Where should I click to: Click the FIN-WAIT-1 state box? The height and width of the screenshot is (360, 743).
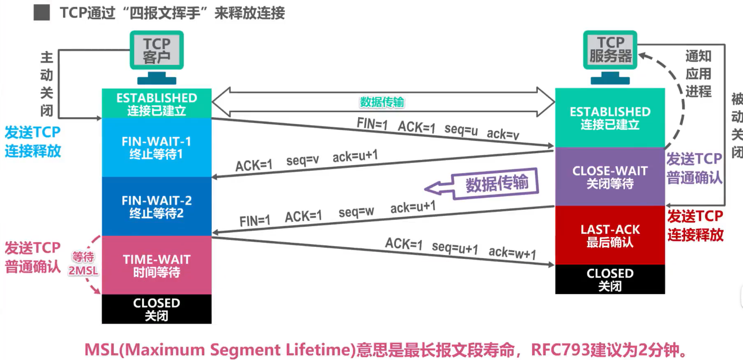[156, 147]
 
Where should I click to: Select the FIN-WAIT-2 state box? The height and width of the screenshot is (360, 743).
[156, 206]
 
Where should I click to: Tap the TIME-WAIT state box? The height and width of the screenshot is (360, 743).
[156, 265]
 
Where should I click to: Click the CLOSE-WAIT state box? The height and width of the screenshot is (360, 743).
[610, 177]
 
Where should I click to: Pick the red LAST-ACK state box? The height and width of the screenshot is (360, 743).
[610, 235]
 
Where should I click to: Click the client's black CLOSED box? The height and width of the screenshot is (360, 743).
[156, 309]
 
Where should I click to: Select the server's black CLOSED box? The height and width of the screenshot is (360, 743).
[610, 279]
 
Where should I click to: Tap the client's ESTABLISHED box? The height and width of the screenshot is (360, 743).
[156, 104]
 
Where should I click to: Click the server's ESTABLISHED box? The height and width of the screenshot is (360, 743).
[610, 118]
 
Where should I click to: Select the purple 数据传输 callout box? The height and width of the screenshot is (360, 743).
[497, 183]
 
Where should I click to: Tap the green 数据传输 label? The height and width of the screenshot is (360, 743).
[382, 102]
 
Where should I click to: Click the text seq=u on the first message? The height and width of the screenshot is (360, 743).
[461, 130]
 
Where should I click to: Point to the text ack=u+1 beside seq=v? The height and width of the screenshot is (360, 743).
[355, 156]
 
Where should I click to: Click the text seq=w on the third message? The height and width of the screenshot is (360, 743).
[356, 212]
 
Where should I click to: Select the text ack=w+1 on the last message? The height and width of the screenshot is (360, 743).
[512, 252]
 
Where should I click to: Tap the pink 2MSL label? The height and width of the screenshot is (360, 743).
[83, 271]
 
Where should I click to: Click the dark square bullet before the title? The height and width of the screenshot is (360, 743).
[42, 13]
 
